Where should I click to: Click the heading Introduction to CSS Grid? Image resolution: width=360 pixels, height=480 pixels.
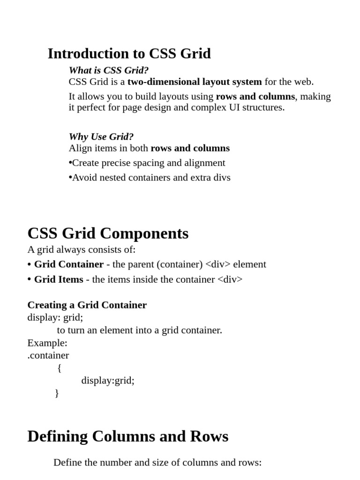[x=129, y=54]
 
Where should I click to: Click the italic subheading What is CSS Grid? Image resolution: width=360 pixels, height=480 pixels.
[x=109, y=70]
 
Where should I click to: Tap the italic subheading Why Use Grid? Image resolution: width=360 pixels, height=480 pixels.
[x=101, y=137]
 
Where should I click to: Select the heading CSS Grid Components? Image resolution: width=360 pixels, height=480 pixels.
[x=108, y=233]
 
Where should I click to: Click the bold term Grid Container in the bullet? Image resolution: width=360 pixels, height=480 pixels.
[x=69, y=264]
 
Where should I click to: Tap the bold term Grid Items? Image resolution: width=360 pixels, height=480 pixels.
[x=59, y=279]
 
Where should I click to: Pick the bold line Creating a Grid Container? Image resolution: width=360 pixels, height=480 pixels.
[x=87, y=305]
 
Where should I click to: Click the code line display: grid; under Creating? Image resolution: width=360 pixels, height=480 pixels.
[x=55, y=317]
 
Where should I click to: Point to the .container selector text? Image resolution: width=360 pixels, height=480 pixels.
[x=48, y=355]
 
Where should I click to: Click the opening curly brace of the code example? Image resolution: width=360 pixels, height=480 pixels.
[x=59, y=368]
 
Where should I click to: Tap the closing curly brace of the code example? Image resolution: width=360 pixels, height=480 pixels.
[x=57, y=393]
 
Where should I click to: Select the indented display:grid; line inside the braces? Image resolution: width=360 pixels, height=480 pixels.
[x=108, y=380]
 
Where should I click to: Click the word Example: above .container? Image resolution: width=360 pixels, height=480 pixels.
[x=47, y=343]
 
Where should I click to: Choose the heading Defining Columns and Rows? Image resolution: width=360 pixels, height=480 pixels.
[x=128, y=436]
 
